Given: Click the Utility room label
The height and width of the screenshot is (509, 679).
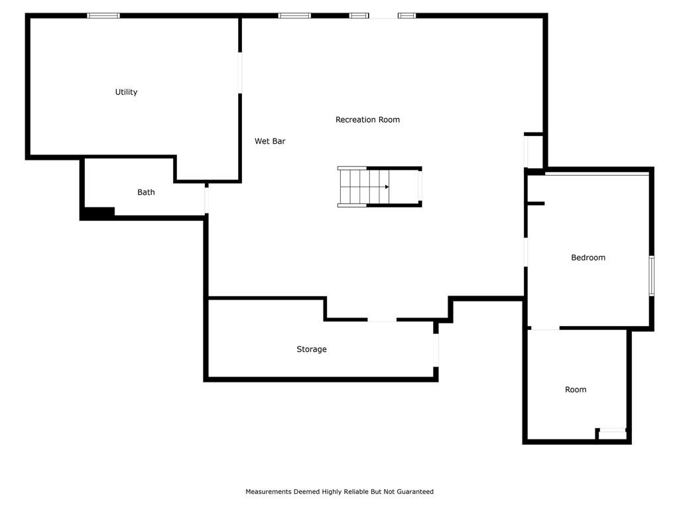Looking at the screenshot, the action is tap(126, 92).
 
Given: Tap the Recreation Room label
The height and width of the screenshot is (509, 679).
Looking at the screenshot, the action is tap(367, 119).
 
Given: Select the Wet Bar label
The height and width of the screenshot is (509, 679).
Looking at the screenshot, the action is tap(270, 141).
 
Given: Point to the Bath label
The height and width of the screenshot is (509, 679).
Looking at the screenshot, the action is tap(146, 192).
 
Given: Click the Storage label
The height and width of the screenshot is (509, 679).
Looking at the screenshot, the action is tap(312, 349).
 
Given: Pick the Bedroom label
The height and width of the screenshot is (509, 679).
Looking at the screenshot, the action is tap(588, 258).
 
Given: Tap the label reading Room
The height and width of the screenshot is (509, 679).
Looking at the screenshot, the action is tap(576, 390).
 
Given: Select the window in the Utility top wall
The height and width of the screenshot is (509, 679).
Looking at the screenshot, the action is tap(103, 16).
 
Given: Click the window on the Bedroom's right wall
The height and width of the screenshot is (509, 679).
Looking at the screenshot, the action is tap(651, 276).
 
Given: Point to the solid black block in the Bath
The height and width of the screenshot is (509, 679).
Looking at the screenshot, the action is tap(99, 213).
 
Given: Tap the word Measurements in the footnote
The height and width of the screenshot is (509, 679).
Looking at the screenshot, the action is tap(269, 492).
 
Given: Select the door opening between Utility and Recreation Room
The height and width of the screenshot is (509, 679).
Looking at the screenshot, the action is tap(240, 73).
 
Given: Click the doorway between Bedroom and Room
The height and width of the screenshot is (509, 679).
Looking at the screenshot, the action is tap(545, 329).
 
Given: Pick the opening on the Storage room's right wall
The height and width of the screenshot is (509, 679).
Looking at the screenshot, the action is tap(436, 350).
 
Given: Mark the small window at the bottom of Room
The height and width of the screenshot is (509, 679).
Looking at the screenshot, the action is tap(612, 430).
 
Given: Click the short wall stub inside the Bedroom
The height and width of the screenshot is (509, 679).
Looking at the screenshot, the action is tap(536, 203).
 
